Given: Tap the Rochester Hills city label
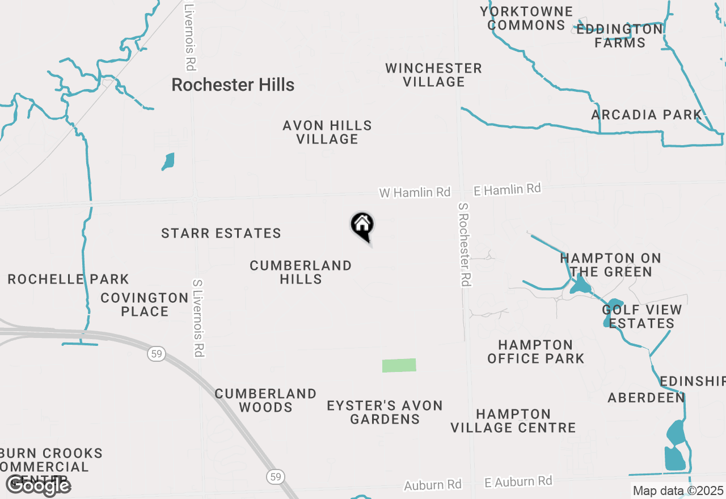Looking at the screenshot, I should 233,85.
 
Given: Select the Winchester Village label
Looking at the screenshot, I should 434,75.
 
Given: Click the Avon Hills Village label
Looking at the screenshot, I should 327,132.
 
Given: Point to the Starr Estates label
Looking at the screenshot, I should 221,233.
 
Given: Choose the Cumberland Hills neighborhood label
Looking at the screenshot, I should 301,272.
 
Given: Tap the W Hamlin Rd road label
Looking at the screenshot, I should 415,193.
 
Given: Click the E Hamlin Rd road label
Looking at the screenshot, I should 507,189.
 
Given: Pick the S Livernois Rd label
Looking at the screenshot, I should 197,318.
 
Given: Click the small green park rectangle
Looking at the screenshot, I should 399,365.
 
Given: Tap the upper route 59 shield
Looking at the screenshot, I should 157,354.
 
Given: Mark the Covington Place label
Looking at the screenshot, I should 145,305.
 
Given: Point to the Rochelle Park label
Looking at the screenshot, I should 69,279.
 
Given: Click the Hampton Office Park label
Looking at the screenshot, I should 535,352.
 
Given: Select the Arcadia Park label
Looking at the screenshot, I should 647,115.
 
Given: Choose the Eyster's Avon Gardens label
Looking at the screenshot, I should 385,412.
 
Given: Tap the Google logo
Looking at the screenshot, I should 38,485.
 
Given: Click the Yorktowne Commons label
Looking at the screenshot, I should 526,18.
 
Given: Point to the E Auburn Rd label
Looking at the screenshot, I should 518,482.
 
